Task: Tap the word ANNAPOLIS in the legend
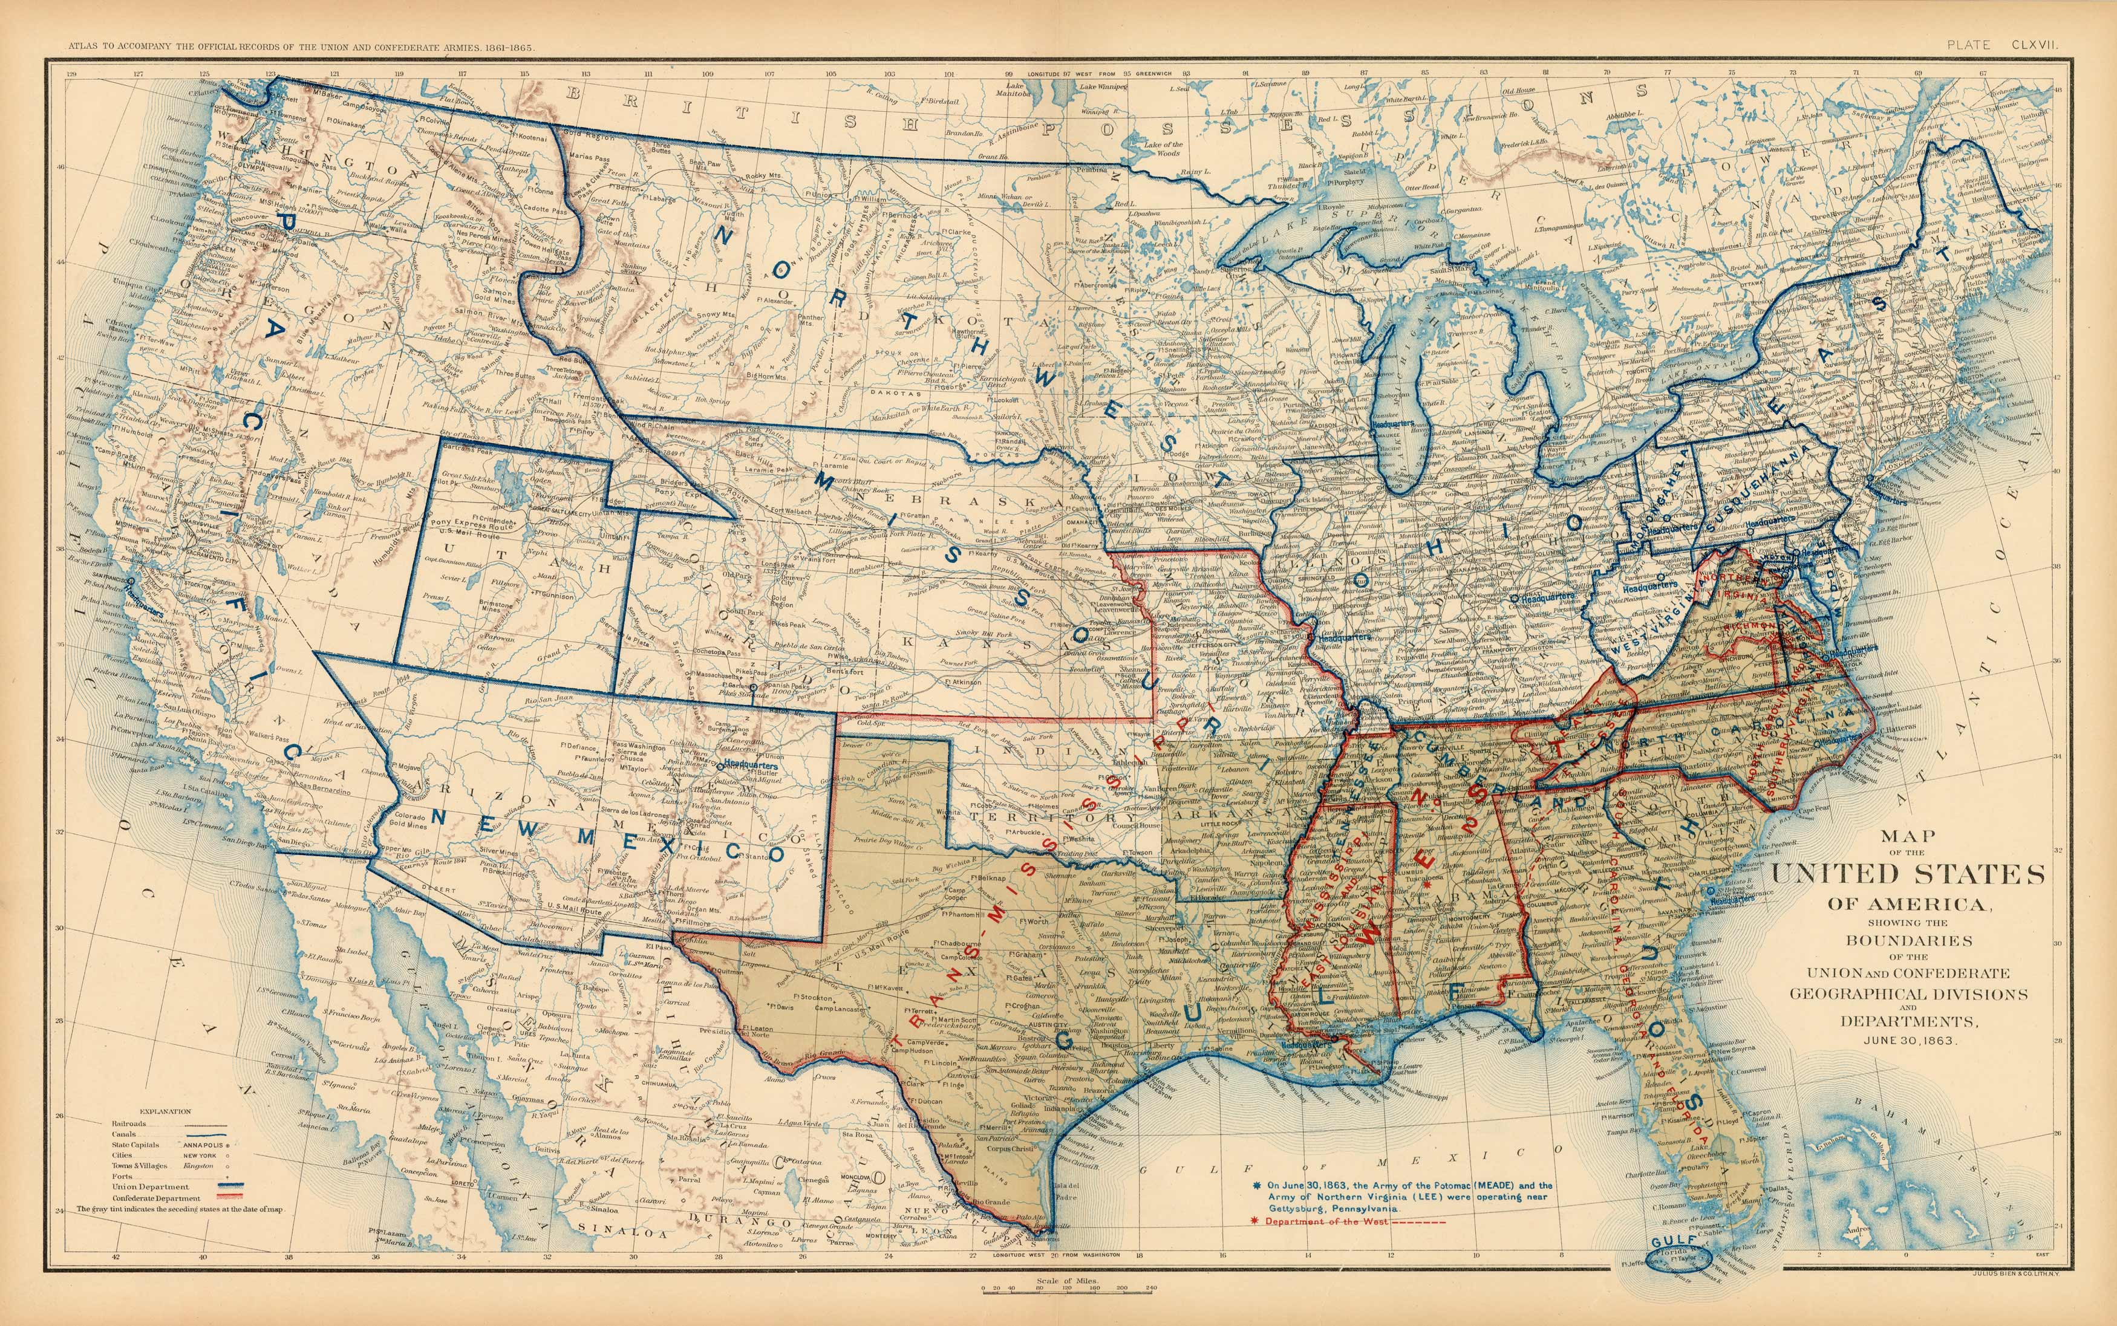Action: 201,1145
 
